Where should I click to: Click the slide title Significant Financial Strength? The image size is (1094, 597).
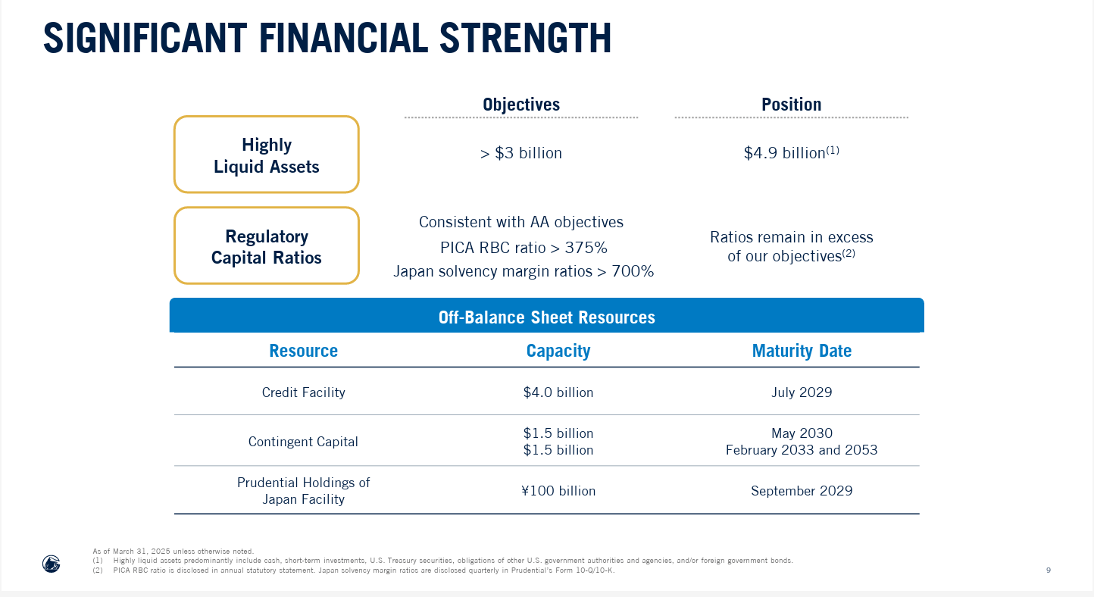click(x=327, y=39)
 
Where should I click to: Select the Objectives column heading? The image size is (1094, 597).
click(x=521, y=105)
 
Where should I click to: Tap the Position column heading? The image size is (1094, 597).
click(x=791, y=105)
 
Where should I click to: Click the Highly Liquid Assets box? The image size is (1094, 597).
click(x=267, y=155)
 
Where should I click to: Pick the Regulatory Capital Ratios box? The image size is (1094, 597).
click(x=267, y=246)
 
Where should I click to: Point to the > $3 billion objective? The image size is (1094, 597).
click(x=521, y=153)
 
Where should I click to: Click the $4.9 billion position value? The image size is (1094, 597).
click(x=791, y=153)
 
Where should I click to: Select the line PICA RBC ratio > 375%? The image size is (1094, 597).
click(x=524, y=248)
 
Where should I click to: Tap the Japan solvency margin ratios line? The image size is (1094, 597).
click(x=524, y=271)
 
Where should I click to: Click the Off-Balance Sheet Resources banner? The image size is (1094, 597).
click(x=546, y=317)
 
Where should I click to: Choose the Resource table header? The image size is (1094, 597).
click(x=303, y=351)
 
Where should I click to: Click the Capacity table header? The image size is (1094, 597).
click(x=558, y=351)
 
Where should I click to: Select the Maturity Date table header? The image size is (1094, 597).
click(x=802, y=351)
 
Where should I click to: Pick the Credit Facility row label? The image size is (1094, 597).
click(x=303, y=392)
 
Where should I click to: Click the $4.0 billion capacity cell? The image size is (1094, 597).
click(x=558, y=392)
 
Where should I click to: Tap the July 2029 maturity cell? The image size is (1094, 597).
click(x=802, y=392)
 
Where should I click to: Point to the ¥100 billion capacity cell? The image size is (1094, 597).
click(x=558, y=491)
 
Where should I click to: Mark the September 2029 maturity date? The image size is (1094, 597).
click(x=802, y=491)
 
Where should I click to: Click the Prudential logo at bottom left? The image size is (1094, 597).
click(x=51, y=564)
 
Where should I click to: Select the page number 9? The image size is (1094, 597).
click(x=1048, y=570)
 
